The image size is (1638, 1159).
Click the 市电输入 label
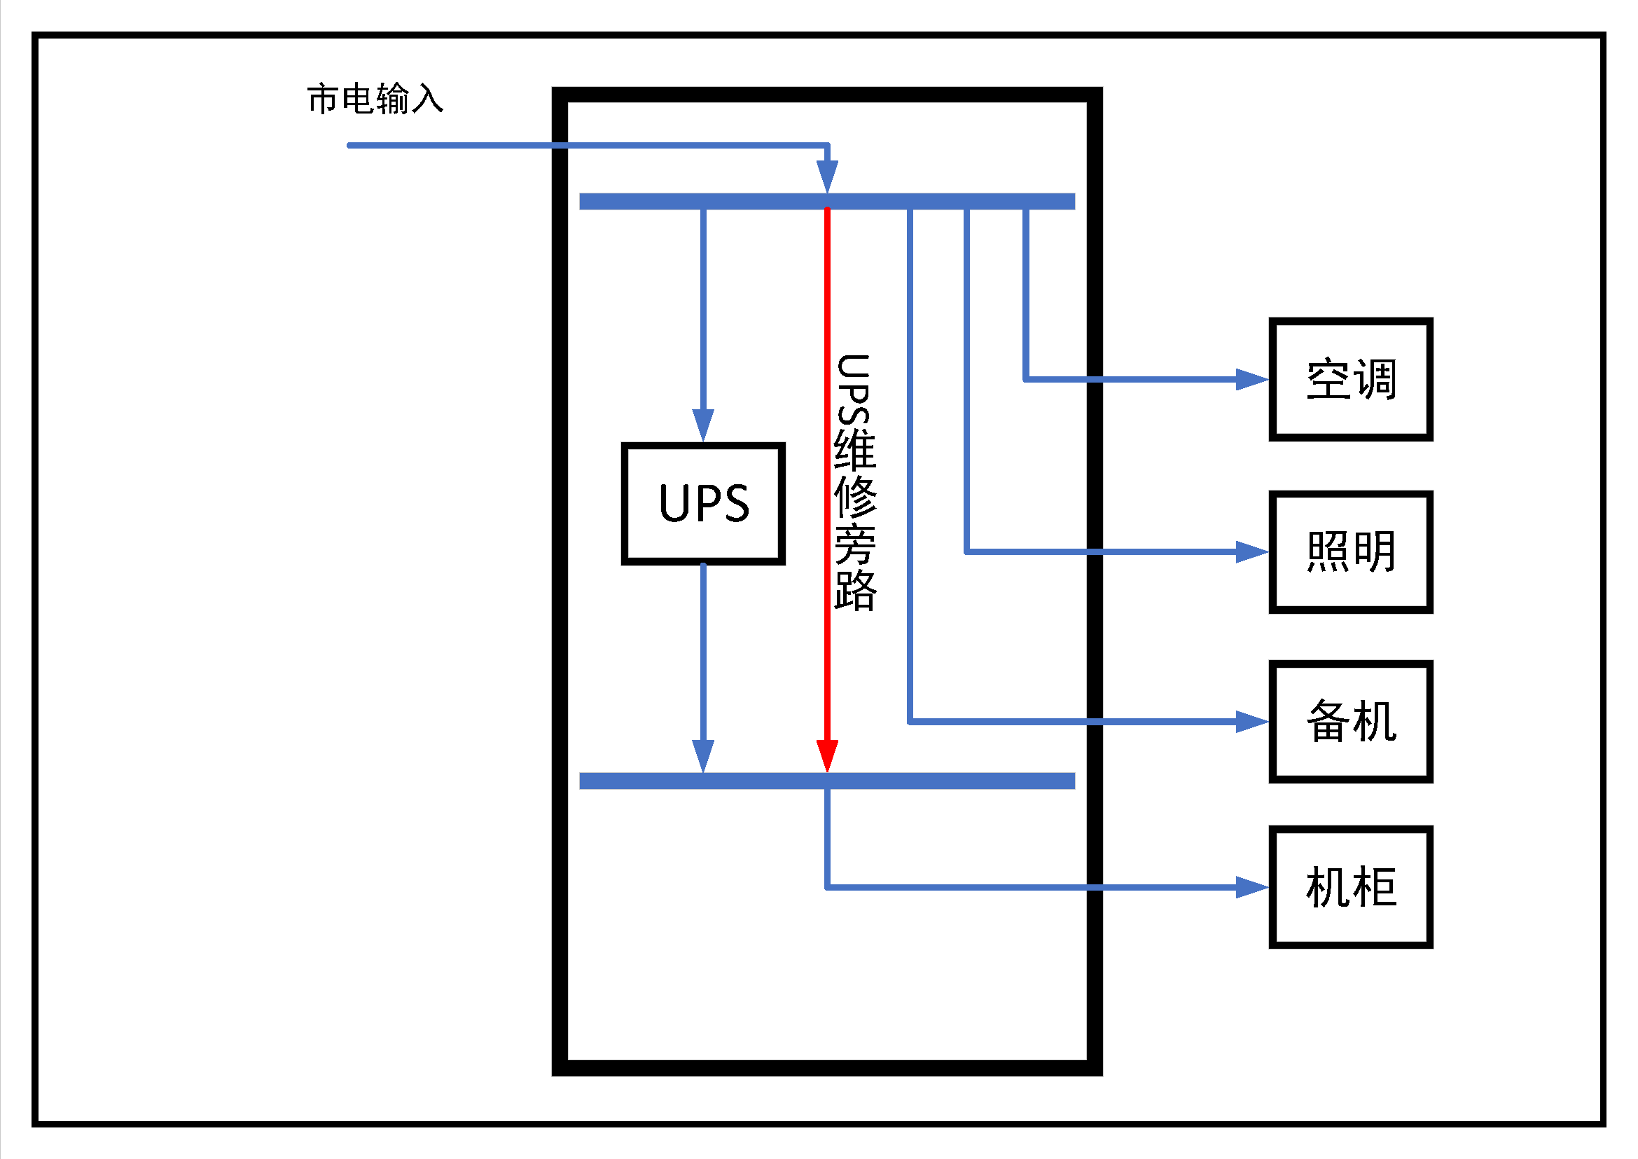375,99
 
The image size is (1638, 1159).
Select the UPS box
702,503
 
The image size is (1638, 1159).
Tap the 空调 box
1350,379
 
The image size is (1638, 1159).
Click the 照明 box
1350,551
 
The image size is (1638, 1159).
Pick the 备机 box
1350,722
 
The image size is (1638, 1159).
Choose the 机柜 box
1350,887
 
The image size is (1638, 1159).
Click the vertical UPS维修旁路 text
854,482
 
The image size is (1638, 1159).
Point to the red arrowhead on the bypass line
827,755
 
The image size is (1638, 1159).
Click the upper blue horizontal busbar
827,201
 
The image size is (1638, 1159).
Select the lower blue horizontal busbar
827,781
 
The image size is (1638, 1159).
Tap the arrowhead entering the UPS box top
702,425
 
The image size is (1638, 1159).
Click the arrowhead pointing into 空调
1252,379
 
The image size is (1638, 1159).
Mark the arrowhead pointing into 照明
1252,551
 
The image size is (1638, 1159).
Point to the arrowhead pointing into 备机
1252,722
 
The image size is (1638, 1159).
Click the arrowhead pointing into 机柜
1252,887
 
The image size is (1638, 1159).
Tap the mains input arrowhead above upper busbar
827,176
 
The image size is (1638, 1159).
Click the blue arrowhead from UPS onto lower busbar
702,755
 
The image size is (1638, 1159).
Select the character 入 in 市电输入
427,99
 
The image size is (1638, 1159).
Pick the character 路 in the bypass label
854,589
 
